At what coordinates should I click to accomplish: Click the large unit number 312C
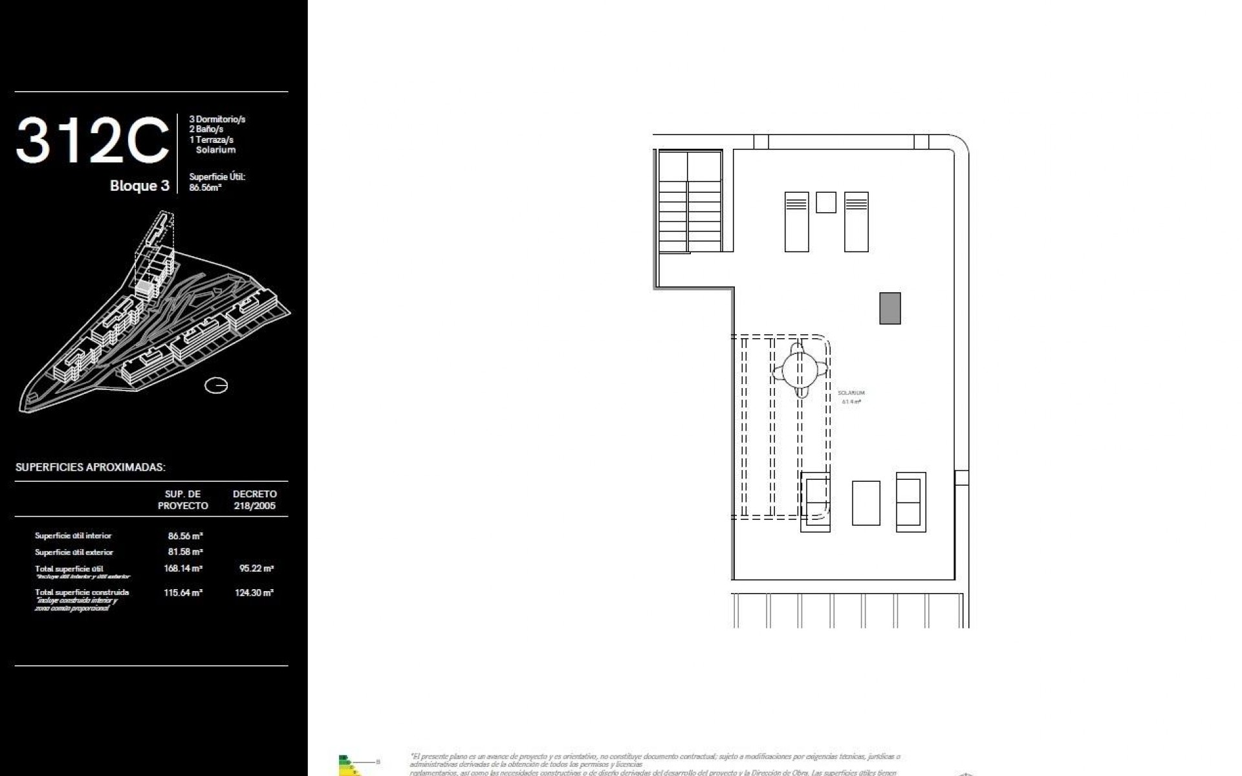pyautogui.click(x=93, y=141)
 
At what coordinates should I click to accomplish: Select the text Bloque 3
pyautogui.click(x=139, y=186)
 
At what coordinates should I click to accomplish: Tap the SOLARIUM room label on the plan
pyautogui.click(x=851, y=393)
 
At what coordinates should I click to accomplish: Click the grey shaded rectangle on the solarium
pyautogui.click(x=889, y=308)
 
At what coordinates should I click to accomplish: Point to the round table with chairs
pyautogui.click(x=800, y=370)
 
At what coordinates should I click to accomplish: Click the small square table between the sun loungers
pyautogui.click(x=825, y=202)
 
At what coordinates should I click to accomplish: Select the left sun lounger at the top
pyautogui.click(x=796, y=222)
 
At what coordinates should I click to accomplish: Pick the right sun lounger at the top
pyautogui.click(x=856, y=222)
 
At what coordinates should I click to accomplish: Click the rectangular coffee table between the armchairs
pyautogui.click(x=866, y=502)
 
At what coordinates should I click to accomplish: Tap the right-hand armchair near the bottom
pyautogui.click(x=910, y=502)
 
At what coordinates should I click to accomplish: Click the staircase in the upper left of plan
pyautogui.click(x=690, y=202)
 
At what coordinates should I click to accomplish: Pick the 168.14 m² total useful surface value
pyautogui.click(x=183, y=569)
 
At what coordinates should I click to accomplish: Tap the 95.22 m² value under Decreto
pyautogui.click(x=256, y=569)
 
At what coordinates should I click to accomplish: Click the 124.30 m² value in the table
pyautogui.click(x=254, y=592)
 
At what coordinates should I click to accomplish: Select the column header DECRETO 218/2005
pyautogui.click(x=254, y=500)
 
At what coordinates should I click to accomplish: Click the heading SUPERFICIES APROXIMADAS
pyautogui.click(x=91, y=467)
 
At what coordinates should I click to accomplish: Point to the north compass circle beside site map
pyautogui.click(x=216, y=386)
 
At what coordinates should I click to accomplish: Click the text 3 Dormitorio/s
pyautogui.click(x=217, y=119)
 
